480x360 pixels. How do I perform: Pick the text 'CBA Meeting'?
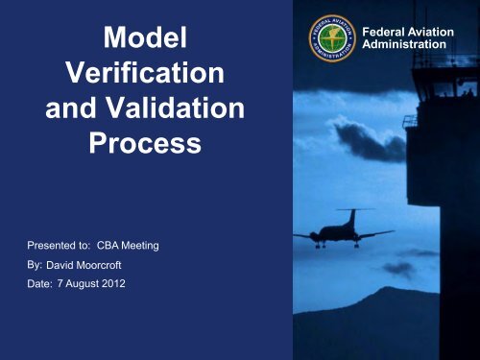point(128,247)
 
